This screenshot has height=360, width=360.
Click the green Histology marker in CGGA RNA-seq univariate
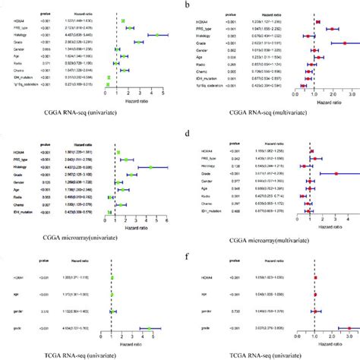tap(157, 35)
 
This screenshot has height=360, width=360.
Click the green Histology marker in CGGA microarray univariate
tap(151, 168)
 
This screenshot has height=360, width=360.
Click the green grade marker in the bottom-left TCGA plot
tap(150, 328)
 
